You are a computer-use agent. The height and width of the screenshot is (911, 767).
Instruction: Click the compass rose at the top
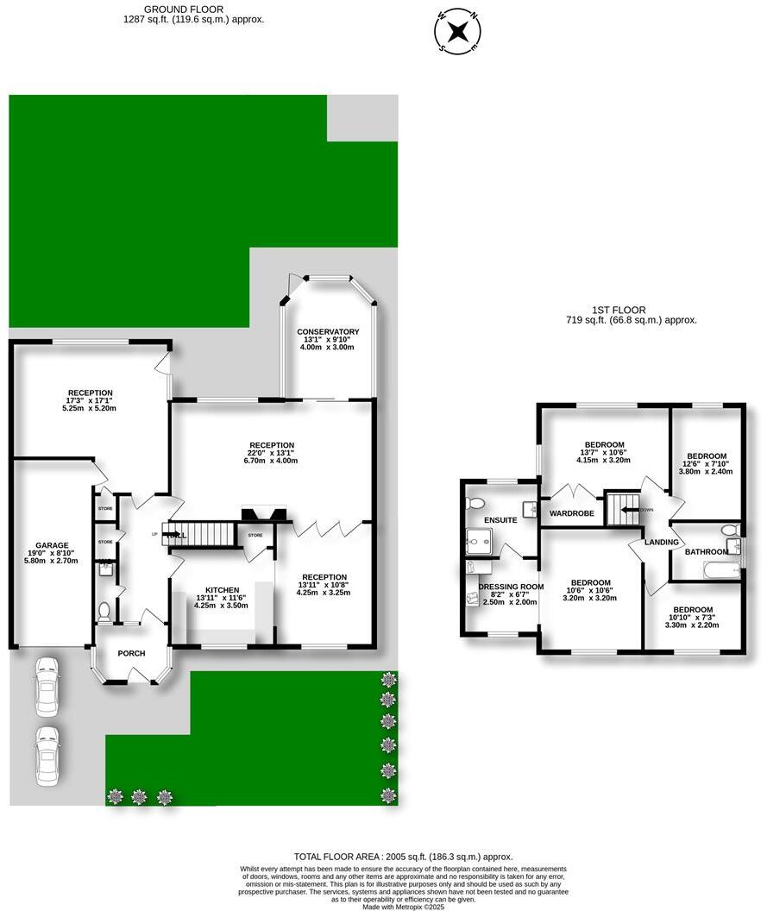click(x=460, y=32)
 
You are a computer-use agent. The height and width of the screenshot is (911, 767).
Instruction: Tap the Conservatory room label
click(x=328, y=332)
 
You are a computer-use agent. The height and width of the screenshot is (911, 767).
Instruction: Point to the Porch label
click(x=132, y=653)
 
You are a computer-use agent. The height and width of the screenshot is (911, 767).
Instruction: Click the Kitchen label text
click(x=222, y=590)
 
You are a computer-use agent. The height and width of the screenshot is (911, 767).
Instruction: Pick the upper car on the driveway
click(x=46, y=687)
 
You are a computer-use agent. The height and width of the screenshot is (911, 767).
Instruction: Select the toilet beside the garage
click(x=104, y=612)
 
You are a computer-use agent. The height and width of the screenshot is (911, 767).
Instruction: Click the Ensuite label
click(x=500, y=520)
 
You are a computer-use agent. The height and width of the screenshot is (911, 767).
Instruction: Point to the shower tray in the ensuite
click(x=478, y=541)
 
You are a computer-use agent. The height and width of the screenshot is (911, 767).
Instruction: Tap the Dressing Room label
click(x=511, y=587)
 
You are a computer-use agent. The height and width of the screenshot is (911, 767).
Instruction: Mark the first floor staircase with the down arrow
click(x=621, y=508)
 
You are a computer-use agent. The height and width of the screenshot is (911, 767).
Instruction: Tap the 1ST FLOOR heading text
click(x=619, y=310)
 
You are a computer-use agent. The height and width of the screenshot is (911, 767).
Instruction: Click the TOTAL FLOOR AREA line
click(x=403, y=857)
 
